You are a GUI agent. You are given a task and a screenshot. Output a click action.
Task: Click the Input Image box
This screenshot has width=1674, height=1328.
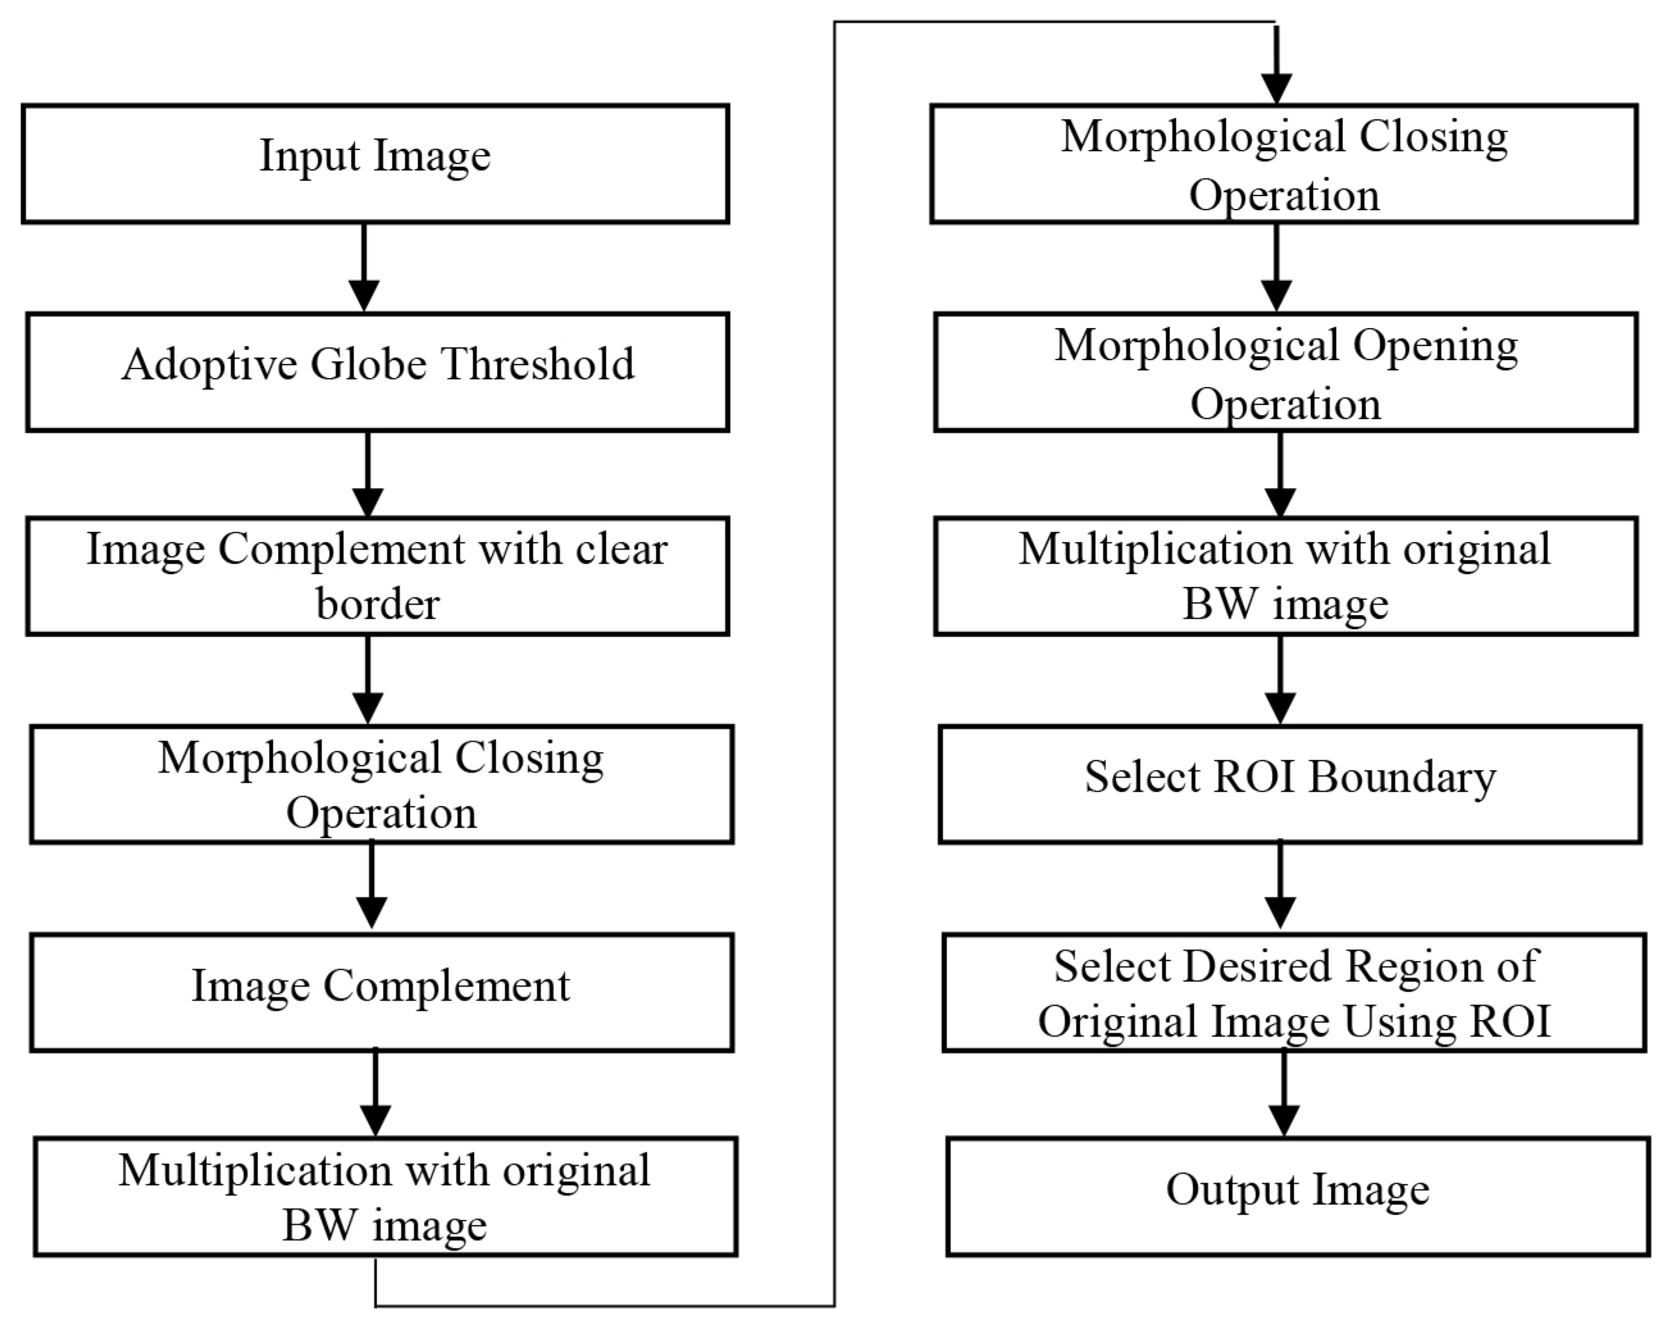[x=375, y=164]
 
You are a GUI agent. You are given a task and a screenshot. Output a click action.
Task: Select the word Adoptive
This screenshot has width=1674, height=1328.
[x=208, y=365]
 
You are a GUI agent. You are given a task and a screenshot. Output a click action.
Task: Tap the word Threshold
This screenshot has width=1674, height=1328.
[x=537, y=365]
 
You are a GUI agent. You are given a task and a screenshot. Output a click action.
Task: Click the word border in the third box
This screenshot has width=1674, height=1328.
[x=377, y=604]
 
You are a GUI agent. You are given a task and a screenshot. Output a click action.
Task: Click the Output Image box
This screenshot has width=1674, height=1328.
[x=1297, y=1195]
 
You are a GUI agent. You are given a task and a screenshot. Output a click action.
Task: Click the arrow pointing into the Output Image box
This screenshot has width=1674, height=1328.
[x=1283, y=1095]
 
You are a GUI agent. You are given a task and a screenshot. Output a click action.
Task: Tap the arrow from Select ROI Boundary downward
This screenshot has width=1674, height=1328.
[x=1280, y=885]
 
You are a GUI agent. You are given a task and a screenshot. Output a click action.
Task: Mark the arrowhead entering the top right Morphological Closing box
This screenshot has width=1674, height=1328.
[x=1276, y=85]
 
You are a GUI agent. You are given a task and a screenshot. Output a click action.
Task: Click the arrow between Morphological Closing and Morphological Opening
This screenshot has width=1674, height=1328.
[x=1276, y=268]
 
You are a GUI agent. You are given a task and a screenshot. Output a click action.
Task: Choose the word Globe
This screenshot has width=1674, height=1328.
[x=368, y=365]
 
